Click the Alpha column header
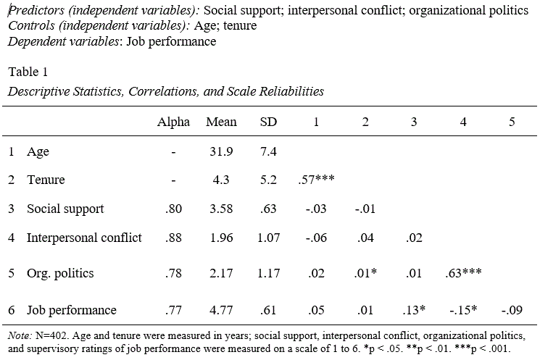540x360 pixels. tap(173, 122)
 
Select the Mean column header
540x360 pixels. tap(221, 122)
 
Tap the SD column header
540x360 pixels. tap(268, 122)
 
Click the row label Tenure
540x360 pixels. tap(46, 180)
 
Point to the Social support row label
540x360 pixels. tap(65, 209)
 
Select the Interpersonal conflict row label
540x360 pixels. tap(84, 238)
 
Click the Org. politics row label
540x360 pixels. tap(60, 274)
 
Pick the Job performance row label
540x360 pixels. tap(71, 310)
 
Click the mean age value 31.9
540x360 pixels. tap(221, 151)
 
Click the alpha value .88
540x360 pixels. tap(173, 238)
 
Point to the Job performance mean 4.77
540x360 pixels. tap(221, 310)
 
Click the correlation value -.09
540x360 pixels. tap(512, 310)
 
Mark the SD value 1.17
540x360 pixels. tap(268, 274)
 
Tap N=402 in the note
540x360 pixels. tap(46, 336)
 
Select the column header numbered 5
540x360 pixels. tap(512, 122)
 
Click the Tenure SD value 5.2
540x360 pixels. tap(268, 180)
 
